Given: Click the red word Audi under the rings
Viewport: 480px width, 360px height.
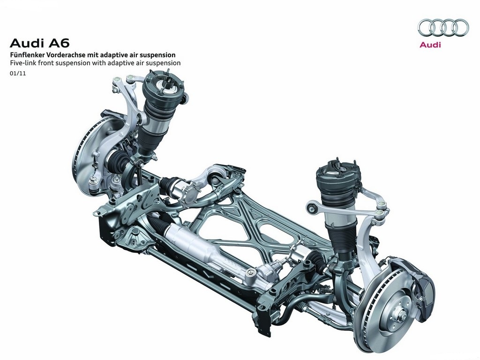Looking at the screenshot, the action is click(430, 45).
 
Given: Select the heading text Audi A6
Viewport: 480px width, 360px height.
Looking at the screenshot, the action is click(40, 43).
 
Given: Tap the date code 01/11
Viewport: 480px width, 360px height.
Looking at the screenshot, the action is click(18, 74).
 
